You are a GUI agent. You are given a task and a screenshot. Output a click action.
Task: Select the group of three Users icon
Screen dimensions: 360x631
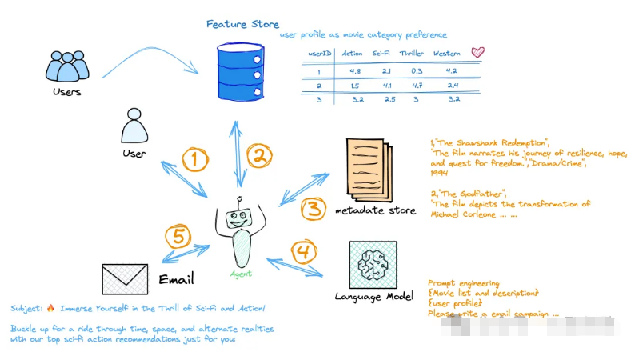click(x=66, y=66)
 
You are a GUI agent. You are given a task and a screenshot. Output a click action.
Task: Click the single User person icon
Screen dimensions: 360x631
click(x=134, y=126)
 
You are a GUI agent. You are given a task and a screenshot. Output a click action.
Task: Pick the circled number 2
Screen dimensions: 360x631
click(x=259, y=155)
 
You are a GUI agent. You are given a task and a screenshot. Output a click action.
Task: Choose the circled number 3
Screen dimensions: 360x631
click(x=313, y=209)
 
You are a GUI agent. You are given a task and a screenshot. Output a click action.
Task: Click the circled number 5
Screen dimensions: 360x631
click(x=178, y=237)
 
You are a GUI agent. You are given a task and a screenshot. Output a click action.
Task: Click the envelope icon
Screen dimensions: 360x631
click(x=126, y=278)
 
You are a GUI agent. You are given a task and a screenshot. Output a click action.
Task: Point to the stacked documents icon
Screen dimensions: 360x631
click(x=370, y=170)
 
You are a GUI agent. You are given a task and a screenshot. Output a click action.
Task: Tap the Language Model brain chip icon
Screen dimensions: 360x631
click(x=373, y=265)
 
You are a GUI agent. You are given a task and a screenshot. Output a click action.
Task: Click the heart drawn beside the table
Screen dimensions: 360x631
click(x=477, y=52)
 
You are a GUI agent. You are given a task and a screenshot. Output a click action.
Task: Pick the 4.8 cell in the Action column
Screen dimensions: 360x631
click(x=356, y=70)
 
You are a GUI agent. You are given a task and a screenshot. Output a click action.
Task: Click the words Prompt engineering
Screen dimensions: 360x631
click(x=464, y=282)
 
